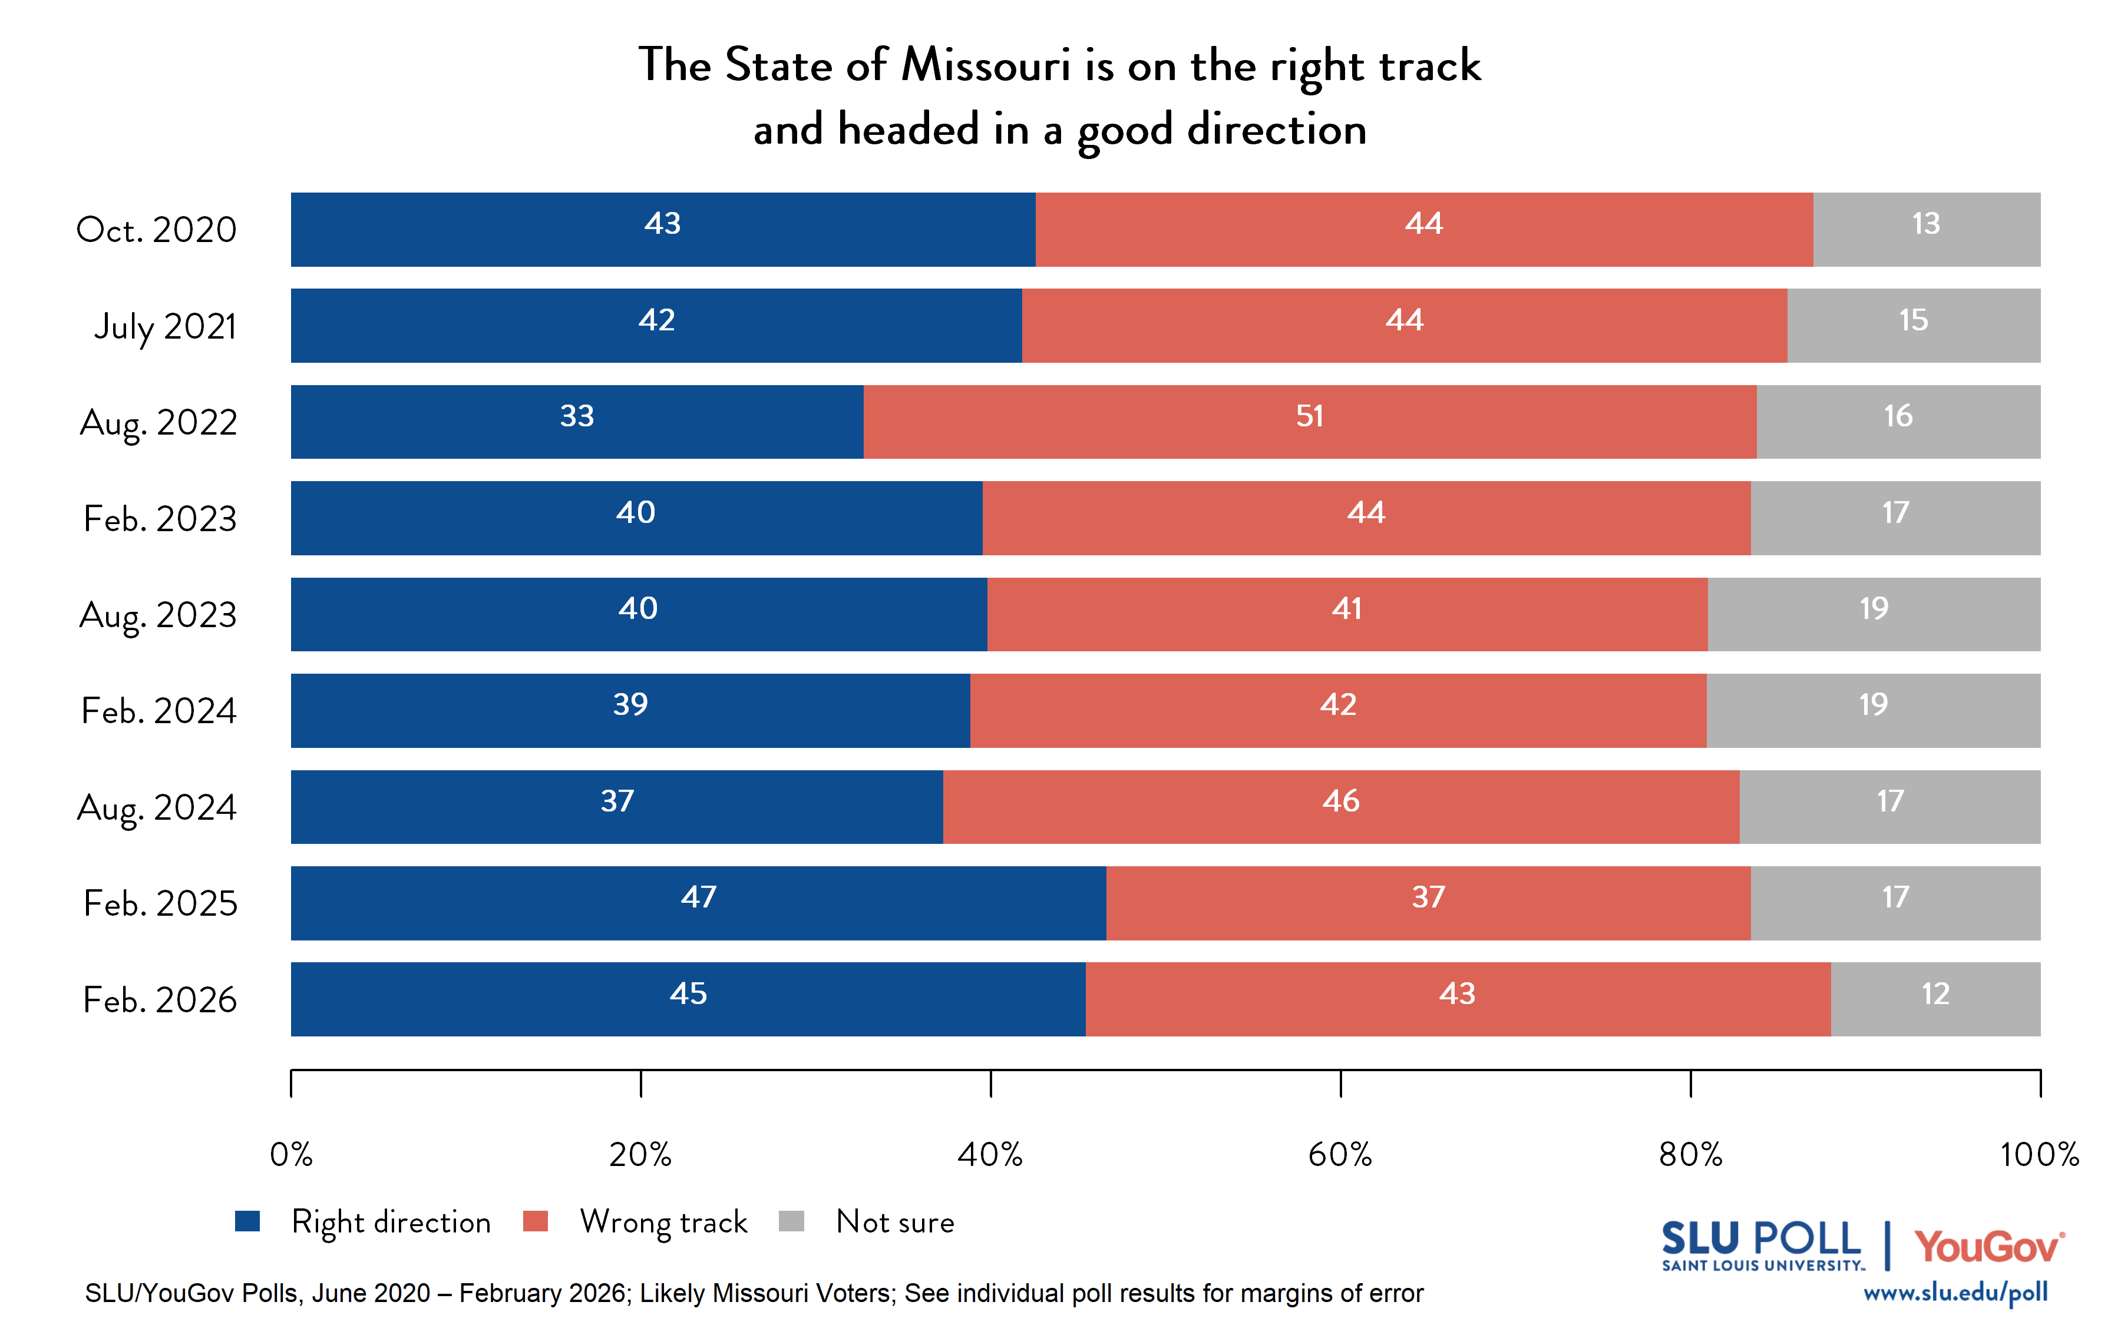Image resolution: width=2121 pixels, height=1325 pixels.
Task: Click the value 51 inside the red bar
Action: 1309,416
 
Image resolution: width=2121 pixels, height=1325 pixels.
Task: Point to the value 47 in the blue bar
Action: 699,896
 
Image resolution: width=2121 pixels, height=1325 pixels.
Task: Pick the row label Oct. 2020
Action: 157,230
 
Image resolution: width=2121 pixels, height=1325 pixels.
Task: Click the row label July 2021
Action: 166,326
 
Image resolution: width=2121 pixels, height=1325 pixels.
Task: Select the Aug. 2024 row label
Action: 157,807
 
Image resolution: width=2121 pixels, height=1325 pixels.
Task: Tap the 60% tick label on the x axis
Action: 1340,1155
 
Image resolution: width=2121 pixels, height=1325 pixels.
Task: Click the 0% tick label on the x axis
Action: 291,1155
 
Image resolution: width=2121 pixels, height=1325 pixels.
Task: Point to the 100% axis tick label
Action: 2040,1155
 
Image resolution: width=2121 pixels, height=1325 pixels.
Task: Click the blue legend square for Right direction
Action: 248,1221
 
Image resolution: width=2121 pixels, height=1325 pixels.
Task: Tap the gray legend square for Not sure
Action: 791,1221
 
